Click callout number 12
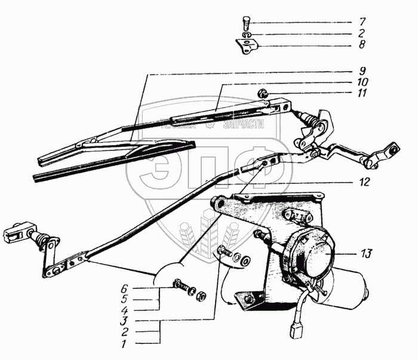tap(365, 180)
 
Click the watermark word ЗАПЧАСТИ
tap(243, 125)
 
